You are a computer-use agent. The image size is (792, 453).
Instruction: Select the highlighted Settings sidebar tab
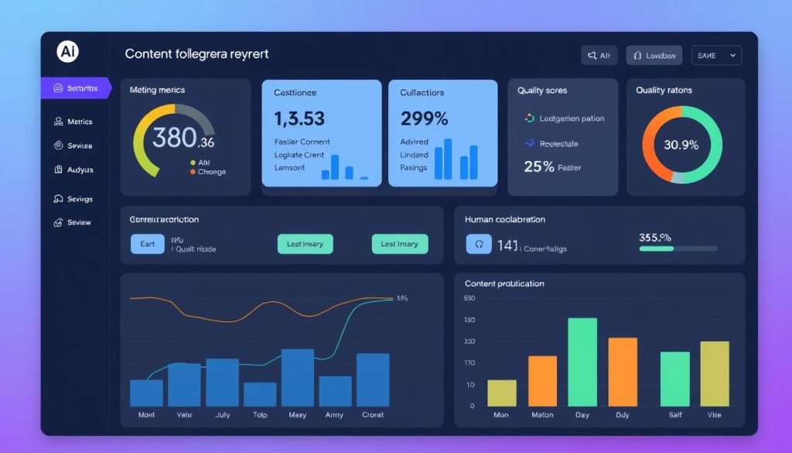pyautogui.click(x=76, y=88)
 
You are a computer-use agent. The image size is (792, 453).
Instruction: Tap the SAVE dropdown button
pyautogui.click(x=716, y=55)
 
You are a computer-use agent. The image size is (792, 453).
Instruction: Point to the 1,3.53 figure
pyautogui.click(x=299, y=118)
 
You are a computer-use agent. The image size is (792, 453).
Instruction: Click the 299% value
pyautogui.click(x=424, y=118)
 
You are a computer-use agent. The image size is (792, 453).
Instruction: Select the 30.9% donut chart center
pyautogui.click(x=681, y=145)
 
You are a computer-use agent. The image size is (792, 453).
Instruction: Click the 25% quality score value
pyautogui.click(x=538, y=166)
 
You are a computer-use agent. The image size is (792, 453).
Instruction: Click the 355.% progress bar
pyautogui.click(x=678, y=249)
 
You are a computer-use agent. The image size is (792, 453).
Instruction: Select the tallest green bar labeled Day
pyautogui.click(x=582, y=362)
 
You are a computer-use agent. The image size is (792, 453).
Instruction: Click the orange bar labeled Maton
pyautogui.click(x=542, y=381)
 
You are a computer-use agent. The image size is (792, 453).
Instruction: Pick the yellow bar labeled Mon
pyautogui.click(x=502, y=393)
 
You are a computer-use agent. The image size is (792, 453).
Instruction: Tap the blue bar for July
pyautogui.click(x=222, y=382)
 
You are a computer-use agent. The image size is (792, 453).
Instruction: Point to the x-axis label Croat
pyautogui.click(x=373, y=415)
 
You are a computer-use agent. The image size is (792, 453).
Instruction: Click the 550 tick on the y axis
pyautogui.click(x=469, y=298)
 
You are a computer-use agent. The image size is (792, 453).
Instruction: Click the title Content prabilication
pyautogui.click(x=504, y=283)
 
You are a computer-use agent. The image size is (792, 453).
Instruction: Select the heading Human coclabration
pyautogui.click(x=504, y=219)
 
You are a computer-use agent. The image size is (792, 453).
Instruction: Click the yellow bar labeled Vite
pyautogui.click(x=715, y=373)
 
